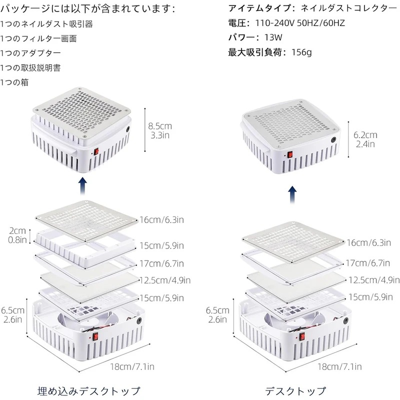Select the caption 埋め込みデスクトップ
click(x=89, y=390)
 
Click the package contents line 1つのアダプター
click(x=31, y=53)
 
